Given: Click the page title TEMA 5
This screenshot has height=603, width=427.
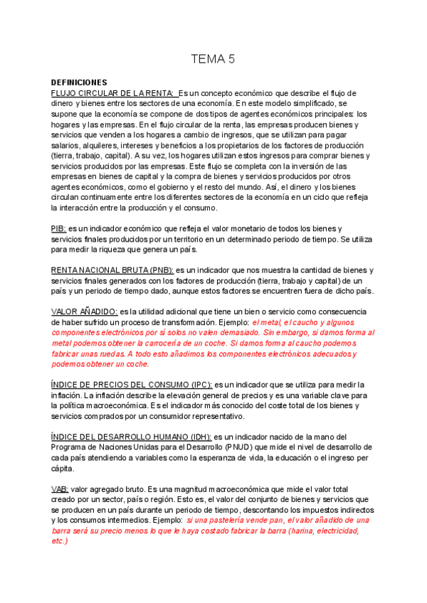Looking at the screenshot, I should coord(213,60).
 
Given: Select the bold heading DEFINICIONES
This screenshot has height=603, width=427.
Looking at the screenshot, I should coord(79,82).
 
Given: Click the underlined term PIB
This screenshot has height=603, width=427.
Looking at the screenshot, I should coord(59,228).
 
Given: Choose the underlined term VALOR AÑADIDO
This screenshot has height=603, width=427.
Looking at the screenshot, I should coord(85,311).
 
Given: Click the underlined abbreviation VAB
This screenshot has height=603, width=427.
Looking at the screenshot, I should coord(60,489).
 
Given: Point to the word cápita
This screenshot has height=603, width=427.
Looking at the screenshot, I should coord(62,469).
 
